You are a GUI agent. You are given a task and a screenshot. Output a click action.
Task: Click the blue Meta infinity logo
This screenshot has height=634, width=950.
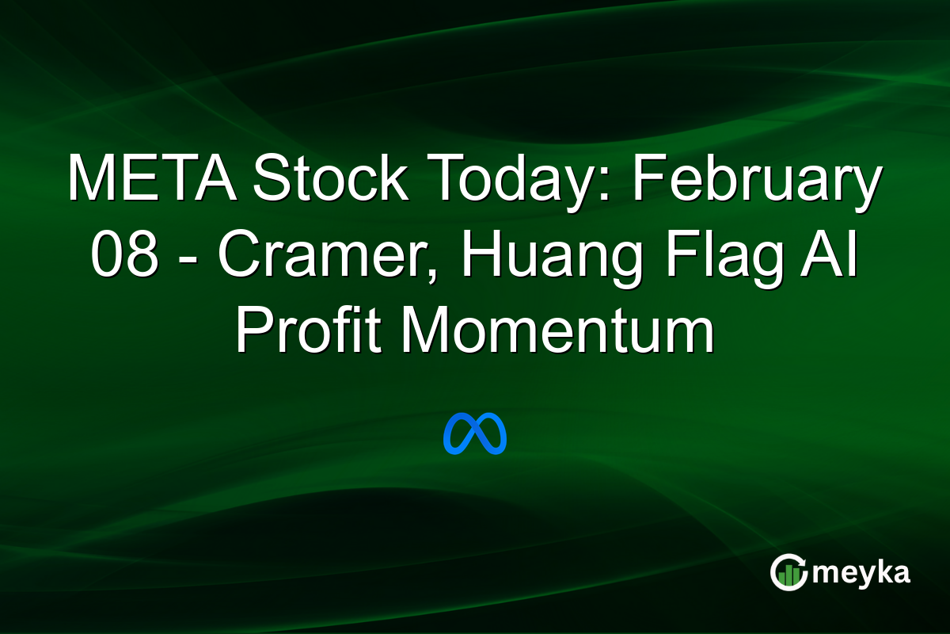pyautogui.click(x=475, y=433)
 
